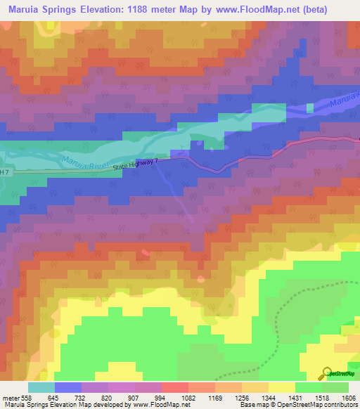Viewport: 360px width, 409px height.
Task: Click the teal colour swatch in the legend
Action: (41, 387)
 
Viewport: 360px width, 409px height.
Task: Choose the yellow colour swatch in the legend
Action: (281, 387)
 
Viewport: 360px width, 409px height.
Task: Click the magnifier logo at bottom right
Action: (326, 374)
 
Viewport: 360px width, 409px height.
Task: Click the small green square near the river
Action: (310, 108)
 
